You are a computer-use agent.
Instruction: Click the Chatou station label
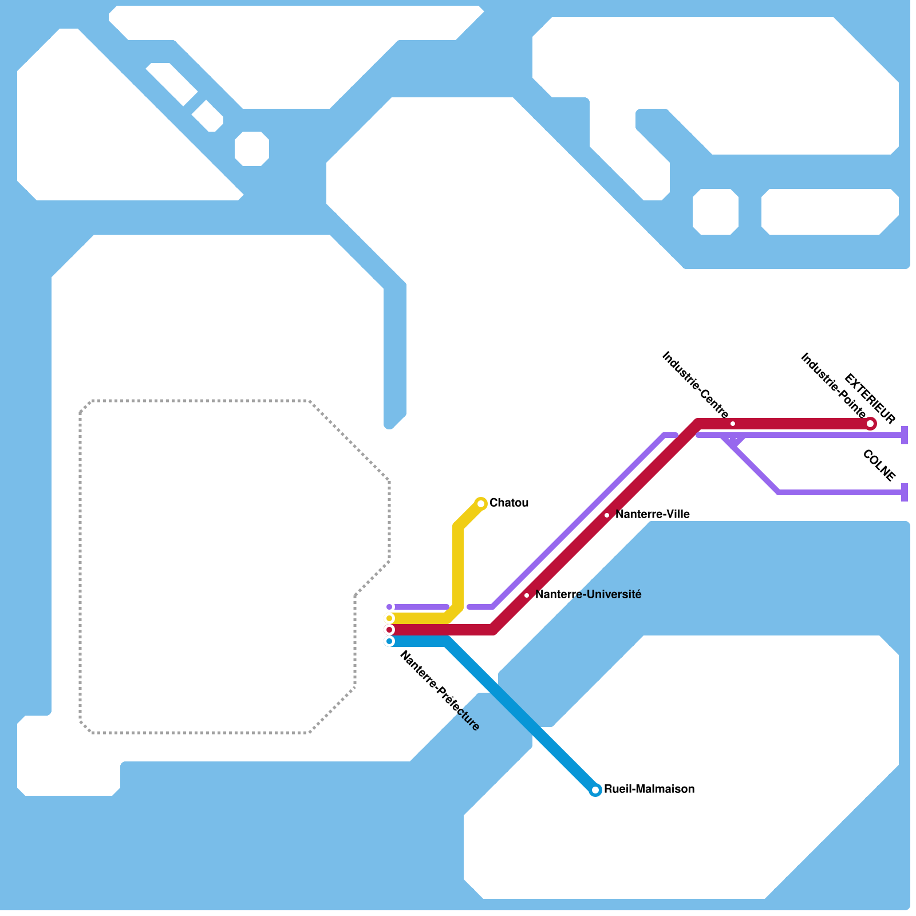pyautogui.click(x=509, y=503)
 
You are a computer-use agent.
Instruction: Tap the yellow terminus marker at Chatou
pyautogui.click(x=481, y=504)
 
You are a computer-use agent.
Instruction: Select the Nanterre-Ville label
pyautogui.click(x=653, y=515)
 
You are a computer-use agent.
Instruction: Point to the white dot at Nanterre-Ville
pyautogui.click(x=607, y=515)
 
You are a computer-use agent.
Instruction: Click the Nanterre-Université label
pyautogui.click(x=588, y=595)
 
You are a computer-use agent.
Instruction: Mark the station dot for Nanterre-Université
pyautogui.click(x=527, y=595)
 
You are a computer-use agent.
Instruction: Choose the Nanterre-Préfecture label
pyautogui.click(x=440, y=691)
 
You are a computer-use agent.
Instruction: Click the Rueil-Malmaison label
pyautogui.click(x=649, y=789)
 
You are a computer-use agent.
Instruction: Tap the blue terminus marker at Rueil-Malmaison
pyautogui.click(x=595, y=790)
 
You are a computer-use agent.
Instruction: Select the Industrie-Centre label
pyautogui.click(x=695, y=385)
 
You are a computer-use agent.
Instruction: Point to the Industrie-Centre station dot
pyautogui.click(x=733, y=424)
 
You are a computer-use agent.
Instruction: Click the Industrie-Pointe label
pyautogui.click(x=833, y=385)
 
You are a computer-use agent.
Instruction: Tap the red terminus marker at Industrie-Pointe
pyautogui.click(x=870, y=424)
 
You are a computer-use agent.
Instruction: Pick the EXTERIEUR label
pyautogui.click(x=870, y=398)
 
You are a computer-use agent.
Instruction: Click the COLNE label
pyautogui.click(x=879, y=466)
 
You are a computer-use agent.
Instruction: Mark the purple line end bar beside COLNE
pyautogui.click(x=905, y=492)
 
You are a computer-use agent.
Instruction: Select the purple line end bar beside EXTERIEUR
pyautogui.click(x=905, y=435)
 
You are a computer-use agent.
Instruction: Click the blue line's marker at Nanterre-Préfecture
pyautogui.click(x=389, y=641)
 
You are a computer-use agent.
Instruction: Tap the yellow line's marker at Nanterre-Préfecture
pyautogui.click(x=389, y=618)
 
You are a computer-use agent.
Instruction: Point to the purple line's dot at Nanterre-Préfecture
pyautogui.click(x=389, y=607)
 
